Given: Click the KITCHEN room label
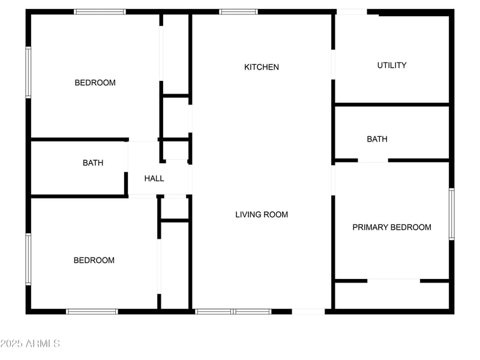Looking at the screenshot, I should point(261,67).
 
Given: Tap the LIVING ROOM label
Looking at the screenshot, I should point(261,214).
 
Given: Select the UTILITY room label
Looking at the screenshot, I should point(392,65).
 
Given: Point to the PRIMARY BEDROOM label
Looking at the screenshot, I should point(392,227).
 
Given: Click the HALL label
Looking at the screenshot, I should point(154,178).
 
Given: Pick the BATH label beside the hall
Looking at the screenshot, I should point(93,163).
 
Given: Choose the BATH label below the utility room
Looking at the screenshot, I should point(377,139).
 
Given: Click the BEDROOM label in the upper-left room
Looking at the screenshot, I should point(95,83).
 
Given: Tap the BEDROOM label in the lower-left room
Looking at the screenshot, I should point(94,260).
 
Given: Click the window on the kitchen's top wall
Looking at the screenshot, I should point(238,11).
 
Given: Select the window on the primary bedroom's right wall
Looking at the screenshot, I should point(452,214).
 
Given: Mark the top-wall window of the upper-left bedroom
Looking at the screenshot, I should point(100,11).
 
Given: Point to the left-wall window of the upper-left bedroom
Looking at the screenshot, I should point(28,73).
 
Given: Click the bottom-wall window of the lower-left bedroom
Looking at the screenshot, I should point(92,311).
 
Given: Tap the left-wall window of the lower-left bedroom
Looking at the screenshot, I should point(28,259).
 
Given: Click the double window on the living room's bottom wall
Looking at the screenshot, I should point(233,311).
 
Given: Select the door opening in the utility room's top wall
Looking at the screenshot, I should point(352,12).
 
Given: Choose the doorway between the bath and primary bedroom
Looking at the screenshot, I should point(373,161).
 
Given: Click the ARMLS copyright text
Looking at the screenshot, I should point(30,344).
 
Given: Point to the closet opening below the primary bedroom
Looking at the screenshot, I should point(394,280).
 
